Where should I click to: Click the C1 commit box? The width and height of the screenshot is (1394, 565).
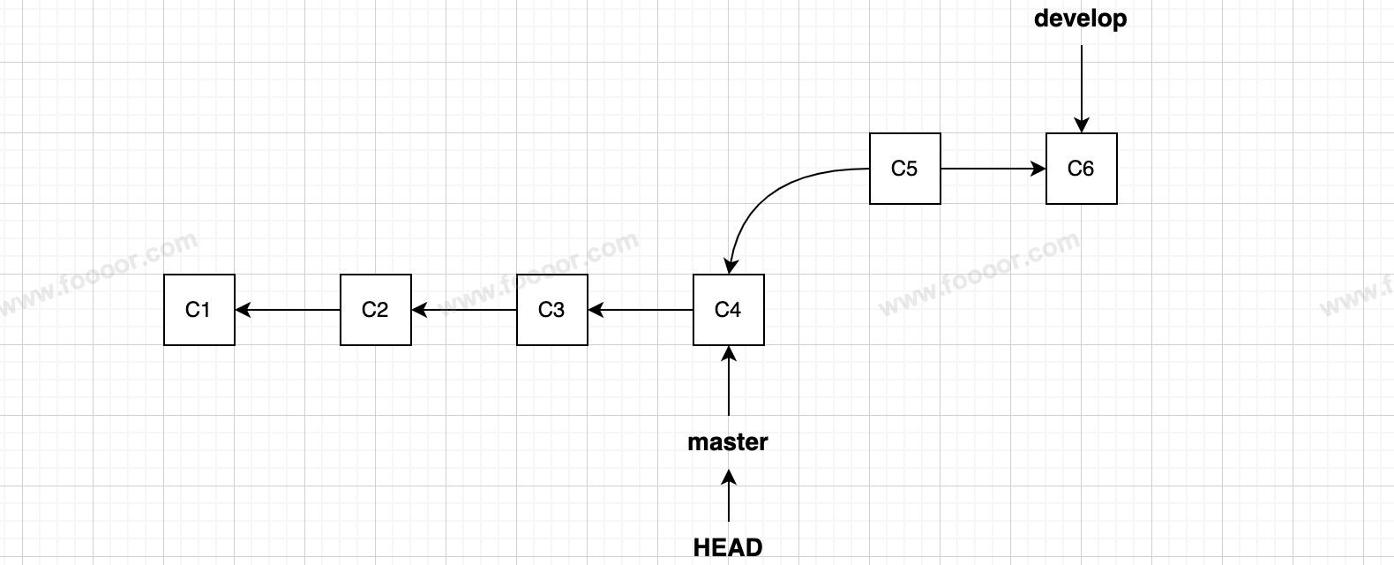pyautogui.click(x=199, y=310)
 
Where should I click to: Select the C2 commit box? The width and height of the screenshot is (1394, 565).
pyautogui.click(x=376, y=310)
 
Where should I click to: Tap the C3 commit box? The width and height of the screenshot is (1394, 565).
pyautogui.click(x=552, y=310)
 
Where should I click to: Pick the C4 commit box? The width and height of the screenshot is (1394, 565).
pyautogui.click(x=729, y=310)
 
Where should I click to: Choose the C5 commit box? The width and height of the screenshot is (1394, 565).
pyautogui.click(x=905, y=169)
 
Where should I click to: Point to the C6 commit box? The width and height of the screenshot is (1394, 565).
pyautogui.click(x=1082, y=169)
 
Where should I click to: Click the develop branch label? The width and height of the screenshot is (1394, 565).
pyautogui.click(x=1081, y=19)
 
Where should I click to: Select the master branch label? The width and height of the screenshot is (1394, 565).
pyautogui.click(x=728, y=441)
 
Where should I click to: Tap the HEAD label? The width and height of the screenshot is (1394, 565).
pyautogui.click(x=728, y=547)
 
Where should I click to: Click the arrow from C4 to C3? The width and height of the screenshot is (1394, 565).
pyautogui.click(x=641, y=310)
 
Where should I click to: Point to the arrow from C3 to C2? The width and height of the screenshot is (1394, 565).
pyautogui.click(x=464, y=310)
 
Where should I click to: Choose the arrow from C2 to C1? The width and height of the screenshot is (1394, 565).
pyautogui.click(x=288, y=310)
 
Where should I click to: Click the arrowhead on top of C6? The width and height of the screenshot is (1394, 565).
pyautogui.click(x=1082, y=126)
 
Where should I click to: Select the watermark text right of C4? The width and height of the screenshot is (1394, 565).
pyautogui.click(x=979, y=274)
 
